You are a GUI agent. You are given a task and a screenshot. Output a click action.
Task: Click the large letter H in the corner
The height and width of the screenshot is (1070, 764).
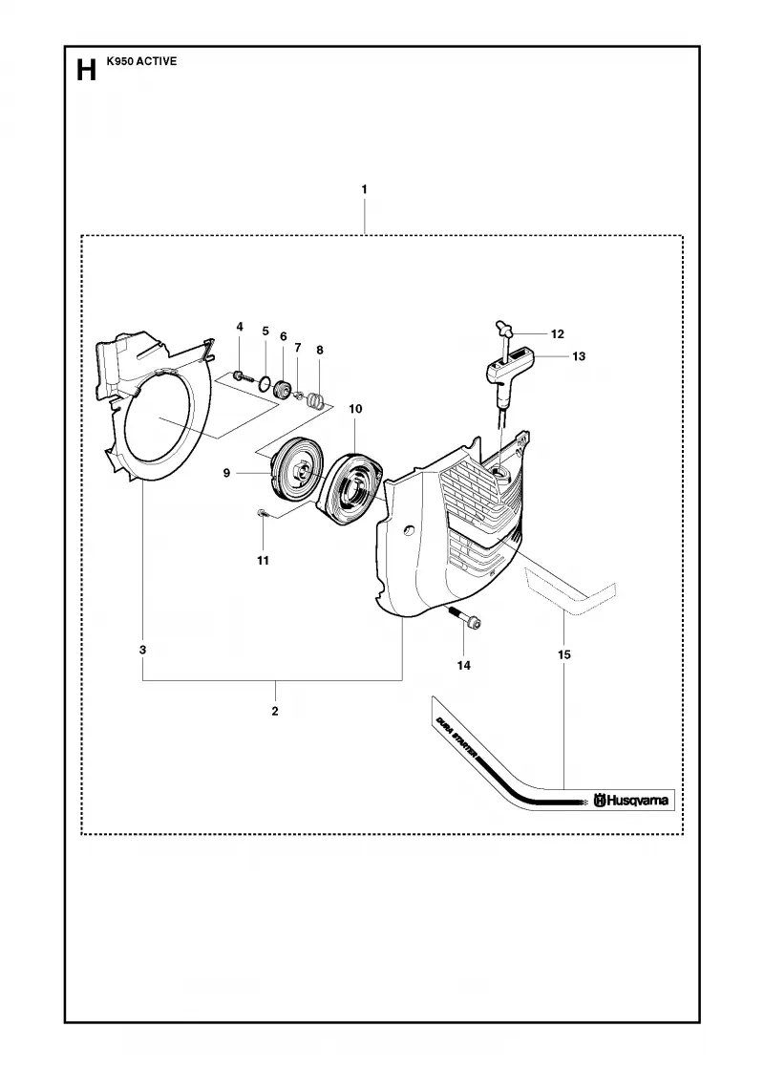coord(86,70)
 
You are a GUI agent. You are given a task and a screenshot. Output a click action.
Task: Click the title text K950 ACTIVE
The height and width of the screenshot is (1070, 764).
coord(142,61)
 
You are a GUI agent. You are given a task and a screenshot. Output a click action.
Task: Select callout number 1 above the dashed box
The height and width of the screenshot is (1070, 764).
coord(364,189)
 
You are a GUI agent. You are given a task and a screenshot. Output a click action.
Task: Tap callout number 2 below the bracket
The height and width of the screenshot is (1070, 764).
coord(275,711)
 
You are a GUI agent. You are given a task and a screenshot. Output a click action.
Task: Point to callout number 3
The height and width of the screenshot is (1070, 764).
coord(142,650)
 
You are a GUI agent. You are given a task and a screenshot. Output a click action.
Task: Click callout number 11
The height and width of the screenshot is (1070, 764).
coord(263,560)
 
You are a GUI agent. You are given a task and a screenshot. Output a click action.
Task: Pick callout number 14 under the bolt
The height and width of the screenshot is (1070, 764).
coord(464,665)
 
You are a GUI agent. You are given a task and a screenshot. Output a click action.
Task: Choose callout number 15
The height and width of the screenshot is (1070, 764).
coord(564,654)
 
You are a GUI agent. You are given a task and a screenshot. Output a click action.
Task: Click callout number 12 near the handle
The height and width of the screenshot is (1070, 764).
coord(558,333)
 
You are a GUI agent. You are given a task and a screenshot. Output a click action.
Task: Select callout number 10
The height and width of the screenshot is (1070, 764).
coord(355,409)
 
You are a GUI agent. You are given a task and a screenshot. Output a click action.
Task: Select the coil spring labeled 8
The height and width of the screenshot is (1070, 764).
coord(314,399)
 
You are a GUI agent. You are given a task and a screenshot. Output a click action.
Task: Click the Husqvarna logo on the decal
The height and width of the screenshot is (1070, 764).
coord(631,800)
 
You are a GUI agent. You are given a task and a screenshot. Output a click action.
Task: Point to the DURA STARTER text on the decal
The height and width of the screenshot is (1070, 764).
coord(456,734)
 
